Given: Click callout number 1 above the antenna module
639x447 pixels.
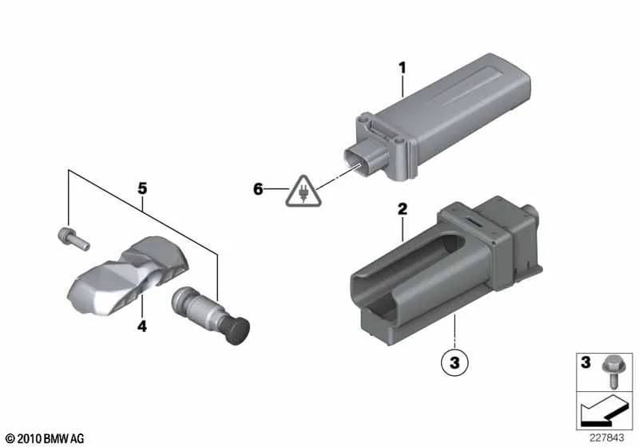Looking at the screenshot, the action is pyautogui.click(x=403, y=68).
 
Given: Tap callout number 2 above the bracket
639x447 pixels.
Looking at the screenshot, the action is pyautogui.click(x=403, y=209).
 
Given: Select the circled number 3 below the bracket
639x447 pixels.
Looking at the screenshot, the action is pyautogui.click(x=454, y=362).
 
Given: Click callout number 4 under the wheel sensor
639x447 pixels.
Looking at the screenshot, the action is pyautogui.click(x=142, y=326).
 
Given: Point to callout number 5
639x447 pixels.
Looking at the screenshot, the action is pyautogui.click(x=142, y=188).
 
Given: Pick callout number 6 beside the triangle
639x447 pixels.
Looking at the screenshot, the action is pyautogui.click(x=258, y=189).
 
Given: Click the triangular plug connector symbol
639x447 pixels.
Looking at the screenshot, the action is pyautogui.click(x=304, y=192).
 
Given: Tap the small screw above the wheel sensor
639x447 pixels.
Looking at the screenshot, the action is pyautogui.click(x=73, y=239).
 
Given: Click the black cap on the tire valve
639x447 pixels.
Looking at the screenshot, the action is pyautogui.click(x=237, y=331).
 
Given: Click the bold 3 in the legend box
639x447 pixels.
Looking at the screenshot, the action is pyautogui.click(x=585, y=362).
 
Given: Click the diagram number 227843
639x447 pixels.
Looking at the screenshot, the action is pyautogui.click(x=606, y=438).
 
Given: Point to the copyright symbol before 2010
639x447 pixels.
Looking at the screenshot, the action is pyautogui.click(x=10, y=439).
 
